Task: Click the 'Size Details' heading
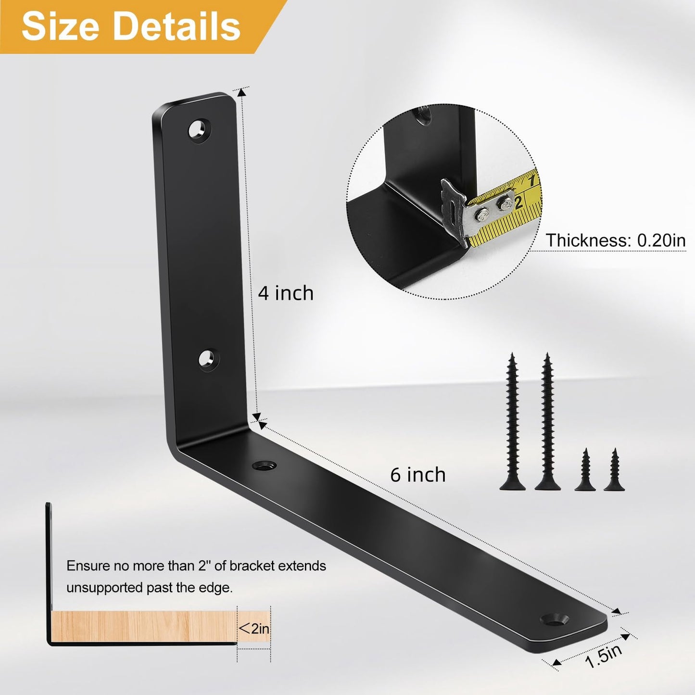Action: coord(131,26)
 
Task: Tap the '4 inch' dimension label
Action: coord(286,293)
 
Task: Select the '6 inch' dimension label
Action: coord(417,475)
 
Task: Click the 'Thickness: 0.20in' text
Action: coord(615,240)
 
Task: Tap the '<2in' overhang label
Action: coord(254,628)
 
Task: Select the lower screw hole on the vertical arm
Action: coord(208,359)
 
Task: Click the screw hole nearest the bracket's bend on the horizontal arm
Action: coord(264,465)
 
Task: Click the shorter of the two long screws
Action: coord(513,421)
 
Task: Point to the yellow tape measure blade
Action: coord(510,212)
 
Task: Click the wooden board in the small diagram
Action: coord(144,626)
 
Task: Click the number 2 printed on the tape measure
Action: coord(518,202)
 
